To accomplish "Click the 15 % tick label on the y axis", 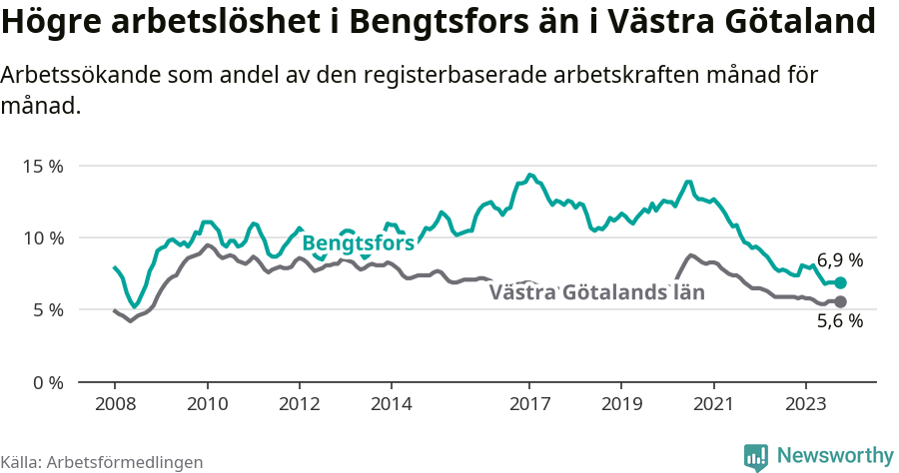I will coord(42,166).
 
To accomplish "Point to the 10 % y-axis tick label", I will coord(42,237).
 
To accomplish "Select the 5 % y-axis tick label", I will coord(47,310).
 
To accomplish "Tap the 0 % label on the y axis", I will coord(47,382).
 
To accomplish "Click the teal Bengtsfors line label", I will coord(358,243).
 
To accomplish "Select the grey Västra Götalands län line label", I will coord(597,292).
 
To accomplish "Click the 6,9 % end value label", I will coord(840,260).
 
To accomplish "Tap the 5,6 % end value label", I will coord(840,321).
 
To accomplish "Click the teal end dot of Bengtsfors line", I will coord(840,283).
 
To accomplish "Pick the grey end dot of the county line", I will coord(840,301).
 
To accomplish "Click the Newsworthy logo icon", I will coord(756,456).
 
